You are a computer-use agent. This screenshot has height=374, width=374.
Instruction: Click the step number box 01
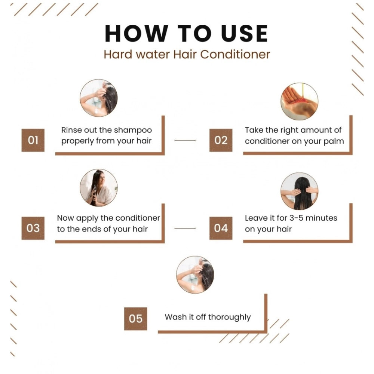(x=33, y=140)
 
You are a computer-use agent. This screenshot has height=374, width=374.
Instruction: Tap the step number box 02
(x=221, y=140)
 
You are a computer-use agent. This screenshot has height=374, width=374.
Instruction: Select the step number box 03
(x=33, y=228)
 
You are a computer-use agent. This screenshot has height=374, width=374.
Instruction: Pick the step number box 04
(x=221, y=228)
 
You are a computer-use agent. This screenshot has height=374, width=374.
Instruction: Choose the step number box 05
(x=136, y=319)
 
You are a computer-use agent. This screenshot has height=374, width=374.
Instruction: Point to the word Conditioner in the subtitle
(x=235, y=54)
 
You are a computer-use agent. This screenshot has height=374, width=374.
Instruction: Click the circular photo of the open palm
(x=299, y=101)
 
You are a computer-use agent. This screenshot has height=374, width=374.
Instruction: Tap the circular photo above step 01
(x=99, y=98)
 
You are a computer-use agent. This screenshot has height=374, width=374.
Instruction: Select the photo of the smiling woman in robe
(x=99, y=187)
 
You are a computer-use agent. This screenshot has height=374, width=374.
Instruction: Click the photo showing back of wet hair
(x=299, y=191)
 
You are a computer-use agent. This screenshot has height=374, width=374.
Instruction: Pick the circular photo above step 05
(x=195, y=275)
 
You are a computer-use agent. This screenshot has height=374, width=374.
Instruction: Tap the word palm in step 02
(x=334, y=141)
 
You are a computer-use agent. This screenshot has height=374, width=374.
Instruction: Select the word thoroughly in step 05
(x=229, y=317)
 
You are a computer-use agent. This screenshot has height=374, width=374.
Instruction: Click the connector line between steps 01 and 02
(x=185, y=140)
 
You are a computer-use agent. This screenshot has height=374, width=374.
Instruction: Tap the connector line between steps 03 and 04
(x=185, y=228)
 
